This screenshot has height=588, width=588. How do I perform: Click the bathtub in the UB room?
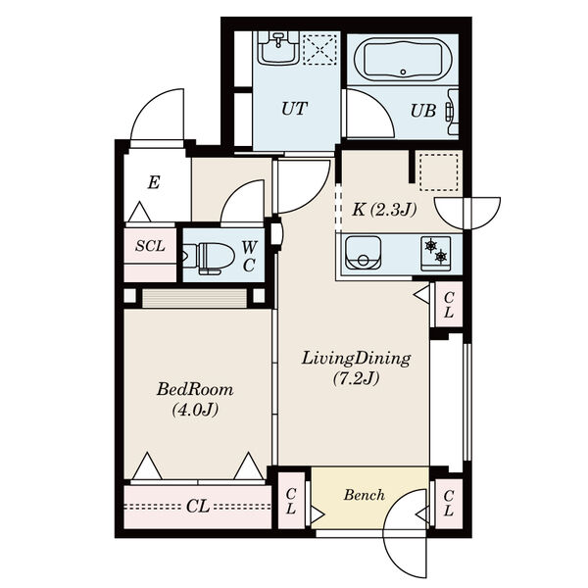coord(403,59)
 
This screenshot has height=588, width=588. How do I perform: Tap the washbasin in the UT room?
coord(278,48)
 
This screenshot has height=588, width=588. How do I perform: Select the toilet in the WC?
coord(208,258)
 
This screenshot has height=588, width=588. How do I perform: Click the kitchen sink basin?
coord(363,253)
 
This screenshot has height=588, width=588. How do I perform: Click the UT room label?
coord(294,109)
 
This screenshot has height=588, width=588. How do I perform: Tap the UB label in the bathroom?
coord(423,111)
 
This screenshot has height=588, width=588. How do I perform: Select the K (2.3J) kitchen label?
coord(384,210)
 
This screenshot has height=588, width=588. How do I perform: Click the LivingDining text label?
coord(357,359)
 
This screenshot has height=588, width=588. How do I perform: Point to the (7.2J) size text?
coord(357,378)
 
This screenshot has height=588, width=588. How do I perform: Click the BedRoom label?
coord(195,390)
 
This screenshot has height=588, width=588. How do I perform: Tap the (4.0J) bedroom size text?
coord(195,410)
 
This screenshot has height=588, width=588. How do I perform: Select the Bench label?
coord(365,495)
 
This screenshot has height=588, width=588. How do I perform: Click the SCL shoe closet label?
coord(150,246)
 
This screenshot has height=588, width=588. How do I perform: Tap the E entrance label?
coord(154,182)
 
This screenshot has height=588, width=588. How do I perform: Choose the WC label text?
coord(249,257)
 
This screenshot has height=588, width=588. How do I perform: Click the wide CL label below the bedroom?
coord(198,507)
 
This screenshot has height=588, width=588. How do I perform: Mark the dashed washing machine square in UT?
coord(319,50)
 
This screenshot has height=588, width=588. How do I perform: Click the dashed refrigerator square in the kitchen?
coord(439,172)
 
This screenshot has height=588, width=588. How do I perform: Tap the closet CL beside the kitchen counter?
coord(449,305)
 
